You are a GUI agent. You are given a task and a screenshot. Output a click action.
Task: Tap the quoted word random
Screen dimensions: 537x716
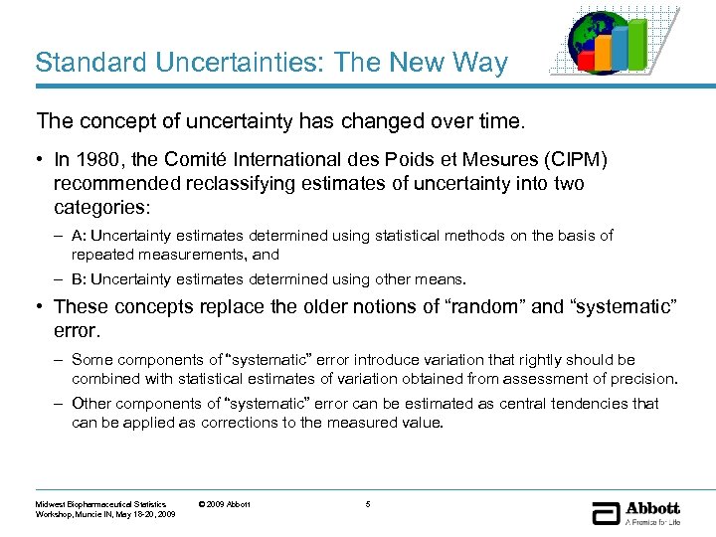coord(487,306)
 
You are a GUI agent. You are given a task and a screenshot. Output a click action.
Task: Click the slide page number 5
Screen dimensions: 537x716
coord(367,504)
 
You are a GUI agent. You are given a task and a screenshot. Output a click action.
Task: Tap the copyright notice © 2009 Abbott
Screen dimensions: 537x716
coord(225,504)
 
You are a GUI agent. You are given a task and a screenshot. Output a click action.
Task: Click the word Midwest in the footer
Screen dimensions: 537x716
coord(51,504)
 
